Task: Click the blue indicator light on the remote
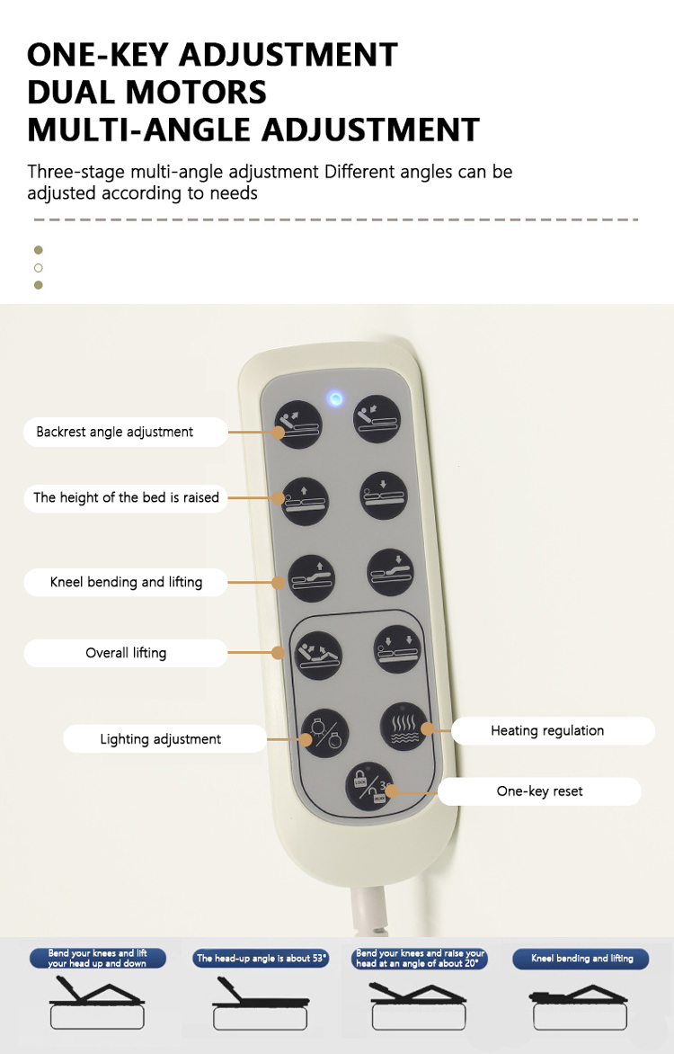[x=334, y=399]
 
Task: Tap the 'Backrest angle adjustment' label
[x=126, y=432]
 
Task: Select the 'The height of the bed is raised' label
[x=126, y=497]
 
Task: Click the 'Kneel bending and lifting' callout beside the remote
[x=126, y=582]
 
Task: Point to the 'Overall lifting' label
[x=126, y=653]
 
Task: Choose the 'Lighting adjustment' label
[x=164, y=738]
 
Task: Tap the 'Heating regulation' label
[x=553, y=730]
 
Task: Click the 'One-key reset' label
[x=539, y=791]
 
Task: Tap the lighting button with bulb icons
[x=324, y=732]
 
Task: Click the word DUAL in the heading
[x=75, y=92]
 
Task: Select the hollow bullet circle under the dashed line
[x=39, y=267]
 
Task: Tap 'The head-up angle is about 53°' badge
[x=261, y=959]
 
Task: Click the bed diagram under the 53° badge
[x=261, y=1003]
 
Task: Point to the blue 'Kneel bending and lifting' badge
[x=581, y=959]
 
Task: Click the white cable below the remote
[x=369, y=910]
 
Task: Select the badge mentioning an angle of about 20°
[x=420, y=958]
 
